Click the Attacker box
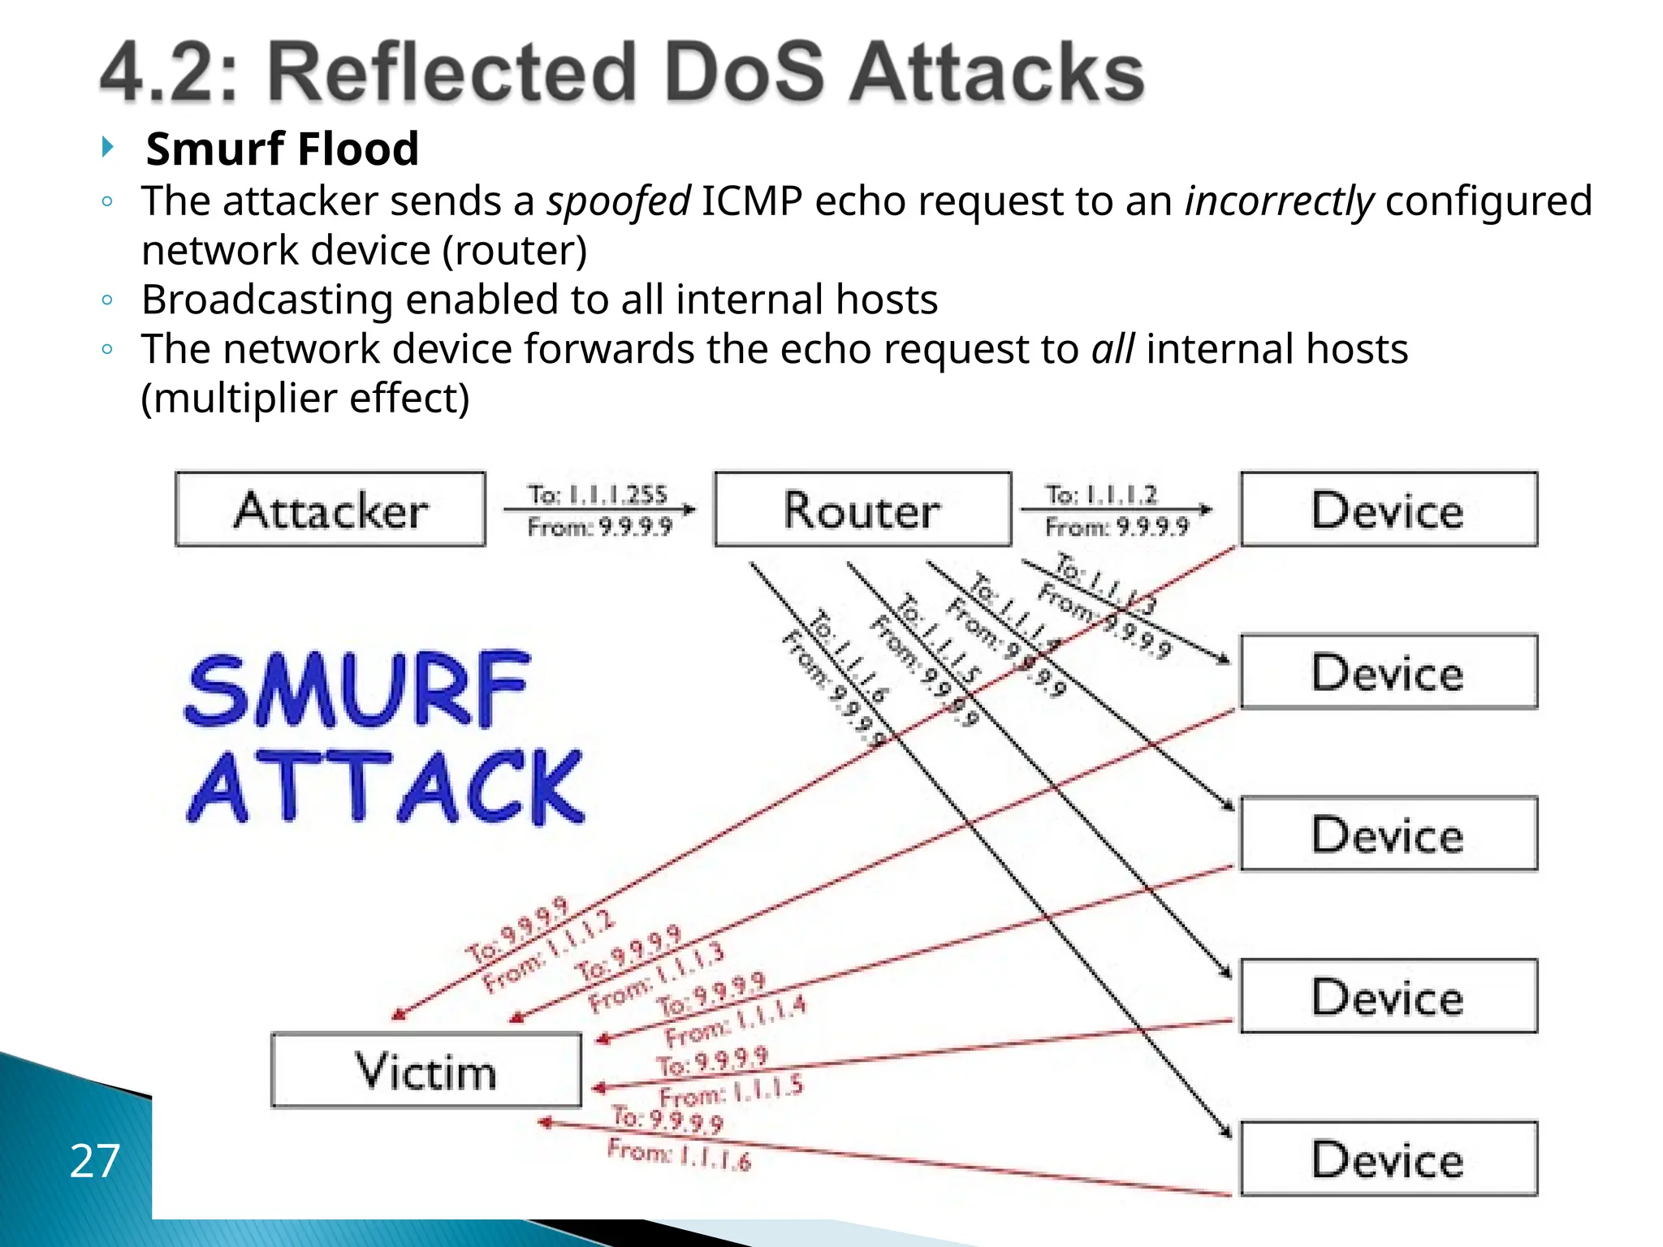click(330, 510)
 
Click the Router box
click(862, 510)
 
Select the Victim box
click(426, 1070)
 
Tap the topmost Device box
click(1389, 510)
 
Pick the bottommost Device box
click(1389, 1159)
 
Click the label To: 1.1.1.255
click(598, 494)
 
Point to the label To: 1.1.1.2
click(1101, 494)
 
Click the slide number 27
click(95, 1160)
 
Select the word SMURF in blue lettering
click(357, 690)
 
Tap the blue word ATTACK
click(386, 787)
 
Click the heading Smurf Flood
click(282, 149)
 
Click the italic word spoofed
click(618, 201)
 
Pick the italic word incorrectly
click(1279, 201)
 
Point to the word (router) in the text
click(514, 251)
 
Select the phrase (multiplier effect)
click(305, 399)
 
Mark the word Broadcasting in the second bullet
click(267, 300)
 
